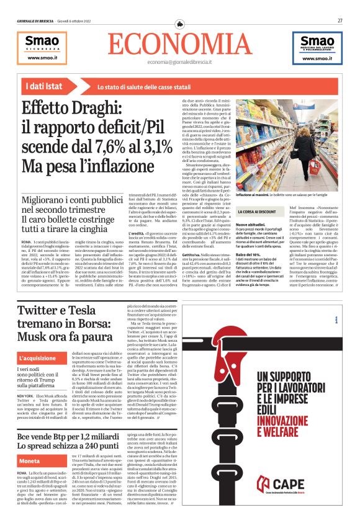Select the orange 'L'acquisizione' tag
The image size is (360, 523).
pyautogui.click(x=40, y=359)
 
